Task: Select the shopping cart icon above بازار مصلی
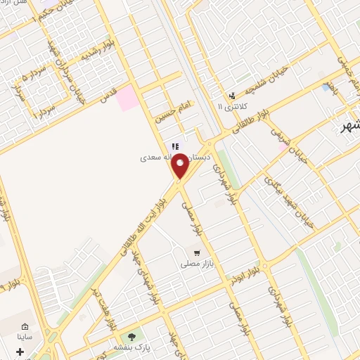click(x=198, y=252)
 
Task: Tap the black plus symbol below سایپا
click(x=20, y=351)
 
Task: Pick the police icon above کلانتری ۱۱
click(x=231, y=96)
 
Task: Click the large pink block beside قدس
click(x=129, y=98)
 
